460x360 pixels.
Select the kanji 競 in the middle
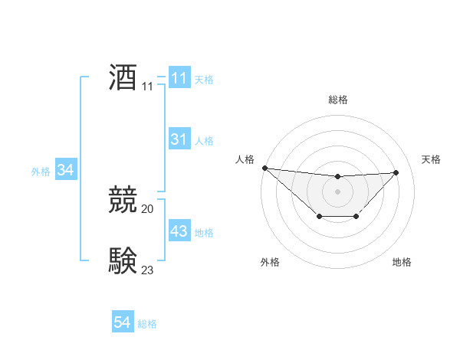pyautogui.click(x=123, y=200)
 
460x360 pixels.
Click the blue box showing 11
pyautogui.click(x=179, y=78)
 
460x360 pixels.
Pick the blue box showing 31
pyautogui.click(x=179, y=139)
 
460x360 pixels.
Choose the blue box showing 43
pyautogui.click(x=179, y=231)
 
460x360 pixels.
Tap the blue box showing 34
pyautogui.click(x=65, y=170)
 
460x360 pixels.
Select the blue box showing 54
pyautogui.click(x=123, y=322)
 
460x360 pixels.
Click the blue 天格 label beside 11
pyautogui.click(x=204, y=80)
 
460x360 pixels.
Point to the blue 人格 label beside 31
pyautogui.click(x=204, y=141)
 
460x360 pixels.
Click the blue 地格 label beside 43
pyautogui.click(x=204, y=233)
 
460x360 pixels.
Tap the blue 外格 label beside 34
pyautogui.click(x=41, y=172)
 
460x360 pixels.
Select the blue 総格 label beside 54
pyautogui.click(x=147, y=324)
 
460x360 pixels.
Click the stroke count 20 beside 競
pyautogui.click(x=148, y=208)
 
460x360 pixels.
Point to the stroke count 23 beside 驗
pyautogui.click(x=148, y=270)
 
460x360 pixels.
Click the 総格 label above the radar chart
pyautogui.click(x=337, y=100)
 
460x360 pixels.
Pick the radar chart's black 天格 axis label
pyautogui.click(x=432, y=159)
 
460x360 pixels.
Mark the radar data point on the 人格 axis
pyautogui.click(x=264, y=168)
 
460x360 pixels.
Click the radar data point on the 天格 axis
pyautogui.click(x=396, y=172)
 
